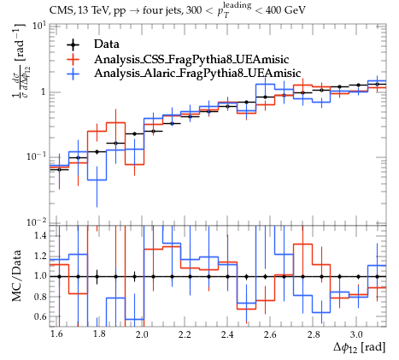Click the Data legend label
click(x=107, y=44)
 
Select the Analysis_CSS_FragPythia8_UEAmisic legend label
click(x=191, y=59)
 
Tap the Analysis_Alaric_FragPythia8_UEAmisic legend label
click(x=197, y=74)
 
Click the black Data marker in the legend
click(x=73, y=44)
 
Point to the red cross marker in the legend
click(x=73, y=59)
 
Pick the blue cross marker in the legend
click(x=73, y=74)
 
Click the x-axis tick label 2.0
click(x=142, y=334)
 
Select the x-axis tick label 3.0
click(x=356, y=334)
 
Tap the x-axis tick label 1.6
click(x=56, y=334)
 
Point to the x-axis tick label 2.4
click(x=227, y=334)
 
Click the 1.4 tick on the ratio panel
click(x=40, y=236)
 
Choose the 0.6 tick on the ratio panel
click(x=40, y=316)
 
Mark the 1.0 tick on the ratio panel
click(x=40, y=276)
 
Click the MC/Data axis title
click(x=17, y=276)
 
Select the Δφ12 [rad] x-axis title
click(x=360, y=348)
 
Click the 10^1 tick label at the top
click(x=39, y=27)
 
